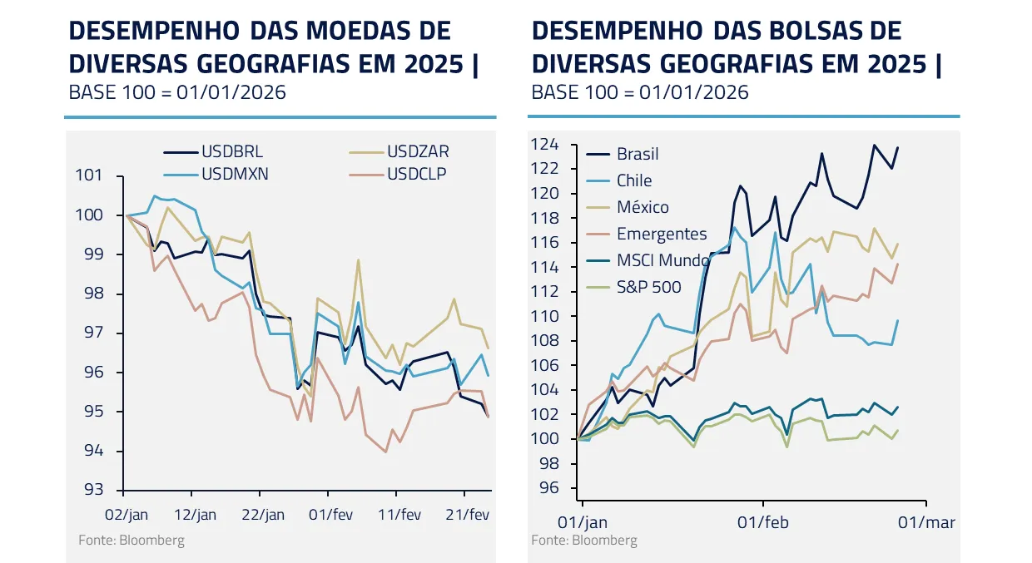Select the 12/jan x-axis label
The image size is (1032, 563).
click(197, 515)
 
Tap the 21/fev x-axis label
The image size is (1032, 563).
click(469, 515)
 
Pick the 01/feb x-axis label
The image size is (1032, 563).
click(763, 522)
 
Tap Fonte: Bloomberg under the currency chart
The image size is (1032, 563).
click(131, 541)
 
